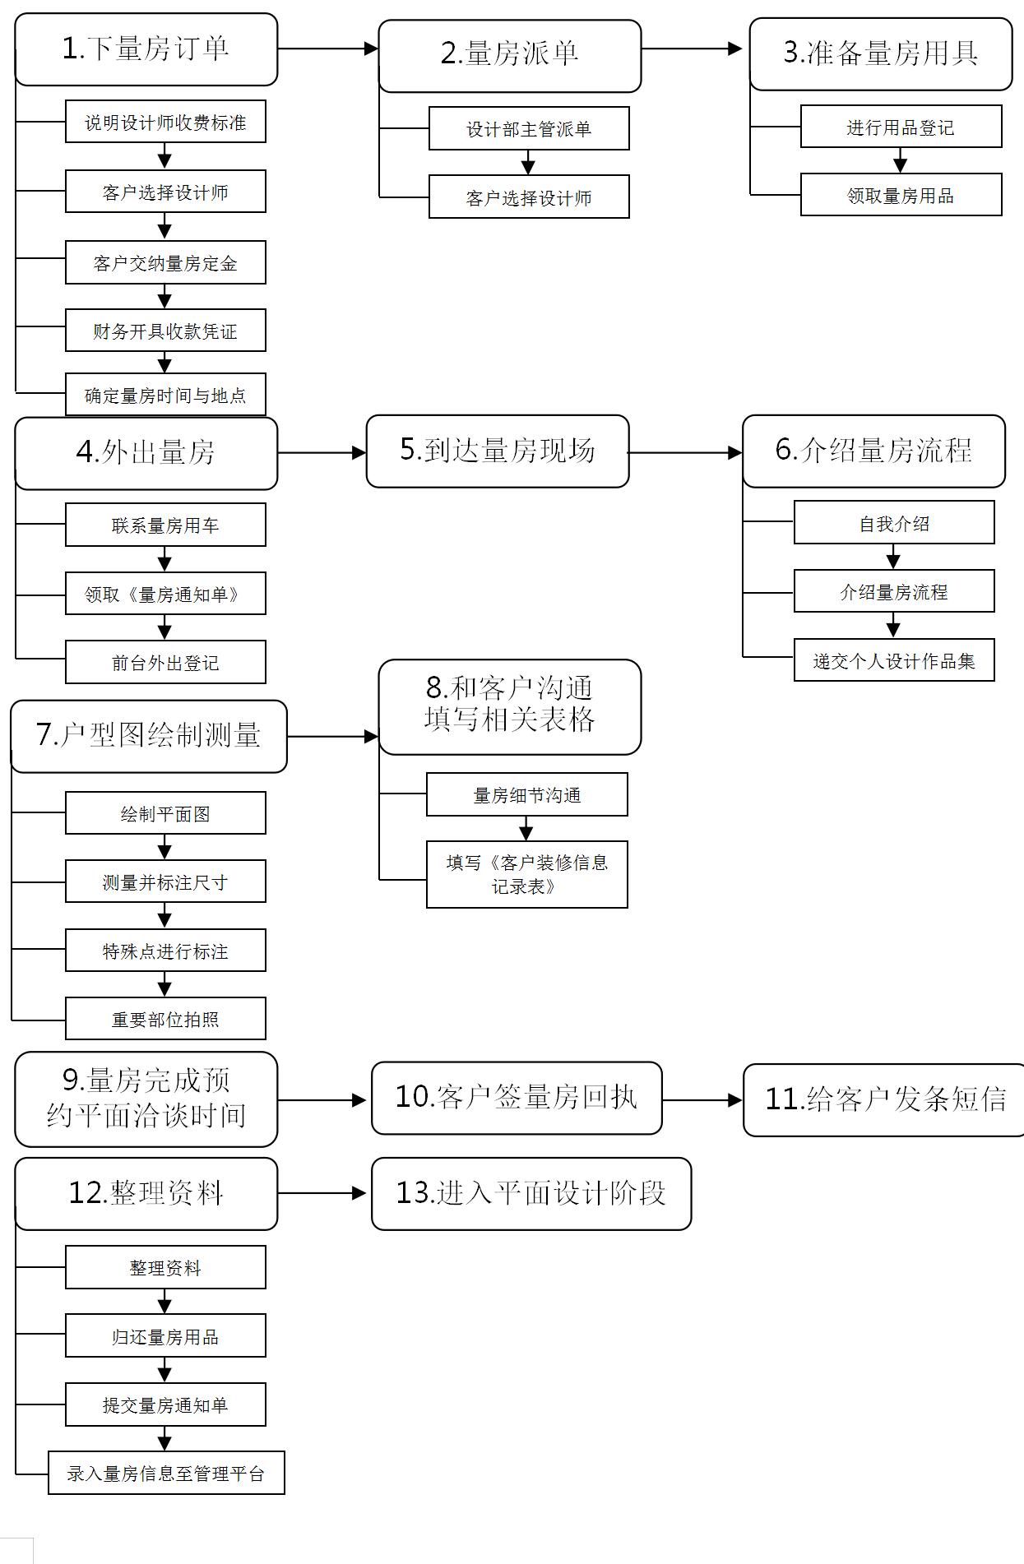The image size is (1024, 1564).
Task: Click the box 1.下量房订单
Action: pyautogui.click(x=146, y=49)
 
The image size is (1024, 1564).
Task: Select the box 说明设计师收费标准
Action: pyautogui.click(x=165, y=122)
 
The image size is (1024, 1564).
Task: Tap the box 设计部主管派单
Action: pyautogui.click(x=529, y=128)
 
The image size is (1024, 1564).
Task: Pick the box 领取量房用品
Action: pyautogui.click(x=901, y=195)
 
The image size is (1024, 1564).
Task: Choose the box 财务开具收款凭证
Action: pyautogui.click(x=165, y=331)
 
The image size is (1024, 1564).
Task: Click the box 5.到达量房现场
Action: pyautogui.click(x=498, y=451)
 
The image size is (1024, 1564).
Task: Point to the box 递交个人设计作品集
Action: pyautogui.click(x=894, y=660)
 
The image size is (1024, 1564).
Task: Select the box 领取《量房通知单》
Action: pyautogui.click(x=165, y=594)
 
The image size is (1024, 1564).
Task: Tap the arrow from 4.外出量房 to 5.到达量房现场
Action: pyautogui.click(x=322, y=452)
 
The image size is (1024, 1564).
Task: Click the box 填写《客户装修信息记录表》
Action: pyautogui.click(x=526, y=874)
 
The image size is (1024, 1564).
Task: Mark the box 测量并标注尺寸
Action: pyautogui.click(x=165, y=881)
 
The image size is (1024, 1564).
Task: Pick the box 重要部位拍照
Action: pyautogui.click(x=165, y=1019)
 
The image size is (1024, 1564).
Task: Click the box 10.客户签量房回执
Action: pyautogui.click(x=517, y=1099)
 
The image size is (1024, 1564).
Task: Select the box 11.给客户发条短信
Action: pyautogui.click(x=885, y=1100)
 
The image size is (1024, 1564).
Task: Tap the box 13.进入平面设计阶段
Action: pyautogui.click(x=531, y=1194)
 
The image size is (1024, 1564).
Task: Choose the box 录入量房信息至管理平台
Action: pyautogui.click(x=166, y=1473)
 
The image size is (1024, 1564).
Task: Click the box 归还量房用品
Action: pyautogui.click(x=165, y=1336)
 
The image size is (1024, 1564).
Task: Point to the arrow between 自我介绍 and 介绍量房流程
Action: pyautogui.click(x=893, y=557)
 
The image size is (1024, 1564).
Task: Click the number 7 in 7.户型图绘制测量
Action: pyautogui.click(x=45, y=734)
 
